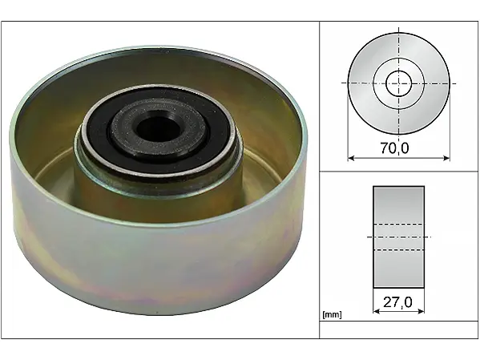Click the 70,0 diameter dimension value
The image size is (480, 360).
(x=394, y=148)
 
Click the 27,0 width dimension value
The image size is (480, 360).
(x=397, y=302)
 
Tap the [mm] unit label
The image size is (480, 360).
(x=332, y=314)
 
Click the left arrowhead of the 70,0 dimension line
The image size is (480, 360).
(x=351, y=158)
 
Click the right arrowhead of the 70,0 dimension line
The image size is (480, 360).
(x=446, y=158)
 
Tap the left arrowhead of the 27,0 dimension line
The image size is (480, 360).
(x=377, y=311)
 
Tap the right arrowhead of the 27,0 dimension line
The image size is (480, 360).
(x=421, y=311)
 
